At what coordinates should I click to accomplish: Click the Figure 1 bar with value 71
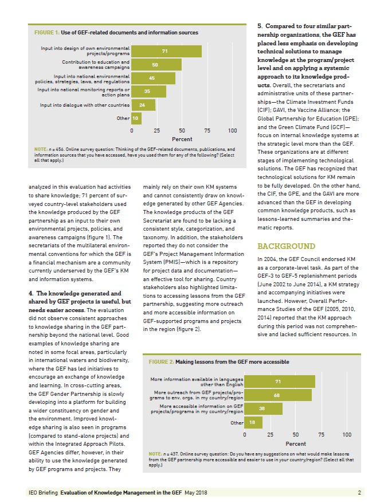pyautogui.click(x=167, y=52)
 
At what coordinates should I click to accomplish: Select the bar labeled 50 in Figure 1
pyautogui.click(x=156, y=65)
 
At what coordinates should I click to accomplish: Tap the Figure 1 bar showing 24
pyautogui.click(x=143, y=105)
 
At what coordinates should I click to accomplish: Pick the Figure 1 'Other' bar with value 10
pyautogui.click(x=136, y=118)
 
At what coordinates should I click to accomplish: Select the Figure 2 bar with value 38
pyautogui.click(x=263, y=408)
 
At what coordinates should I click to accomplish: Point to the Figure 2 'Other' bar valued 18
pyautogui.click(x=253, y=422)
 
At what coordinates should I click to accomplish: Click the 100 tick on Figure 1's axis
pyautogui.click(x=233, y=131)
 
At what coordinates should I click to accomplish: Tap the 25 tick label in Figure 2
pyautogui.click(x=270, y=435)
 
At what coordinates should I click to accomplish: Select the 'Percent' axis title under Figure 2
pyautogui.click(x=296, y=443)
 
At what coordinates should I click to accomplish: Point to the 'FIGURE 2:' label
pyautogui.click(x=162, y=362)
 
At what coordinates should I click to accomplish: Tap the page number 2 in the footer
pyautogui.click(x=359, y=492)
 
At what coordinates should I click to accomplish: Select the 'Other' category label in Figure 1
pyautogui.click(x=123, y=118)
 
